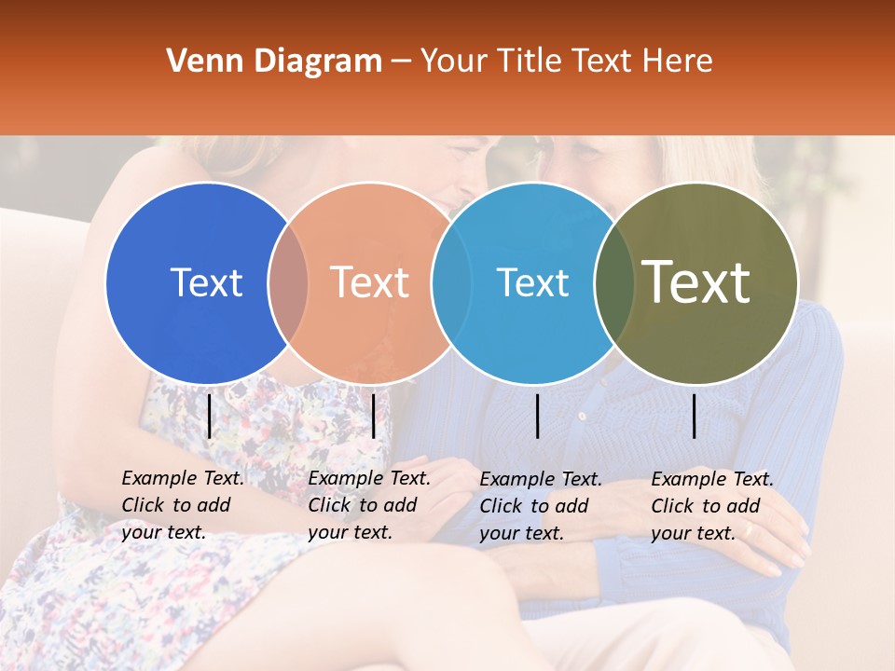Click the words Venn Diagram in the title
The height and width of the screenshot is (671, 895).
(x=274, y=62)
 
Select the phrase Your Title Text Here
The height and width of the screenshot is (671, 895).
(x=566, y=62)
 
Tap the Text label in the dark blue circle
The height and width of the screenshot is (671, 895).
(x=206, y=282)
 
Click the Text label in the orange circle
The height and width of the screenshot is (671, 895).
(x=369, y=282)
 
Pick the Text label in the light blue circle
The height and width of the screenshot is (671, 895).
(x=532, y=282)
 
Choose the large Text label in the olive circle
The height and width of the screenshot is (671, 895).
(x=696, y=282)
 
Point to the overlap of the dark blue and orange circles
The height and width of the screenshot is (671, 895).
(x=288, y=282)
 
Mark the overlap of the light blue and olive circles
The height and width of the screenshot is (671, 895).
(x=613, y=282)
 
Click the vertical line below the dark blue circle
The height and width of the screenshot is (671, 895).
(x=209, y=416)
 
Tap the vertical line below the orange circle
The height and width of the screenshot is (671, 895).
(x=373, y=416)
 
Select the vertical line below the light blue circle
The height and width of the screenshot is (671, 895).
(x=537, y=416)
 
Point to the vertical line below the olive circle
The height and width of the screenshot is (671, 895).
(x=694, y=416)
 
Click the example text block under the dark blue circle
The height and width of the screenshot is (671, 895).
(x=182, y=505)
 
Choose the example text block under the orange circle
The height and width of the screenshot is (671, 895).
(x=368, y=505)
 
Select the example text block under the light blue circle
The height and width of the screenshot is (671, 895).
(x=540, y=506)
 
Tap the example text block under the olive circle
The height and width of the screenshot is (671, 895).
(x=711, y=506)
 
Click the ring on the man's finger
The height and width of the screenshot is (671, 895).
(x=748, y=530)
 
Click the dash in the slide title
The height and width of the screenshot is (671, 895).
(x=401, y=62)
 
